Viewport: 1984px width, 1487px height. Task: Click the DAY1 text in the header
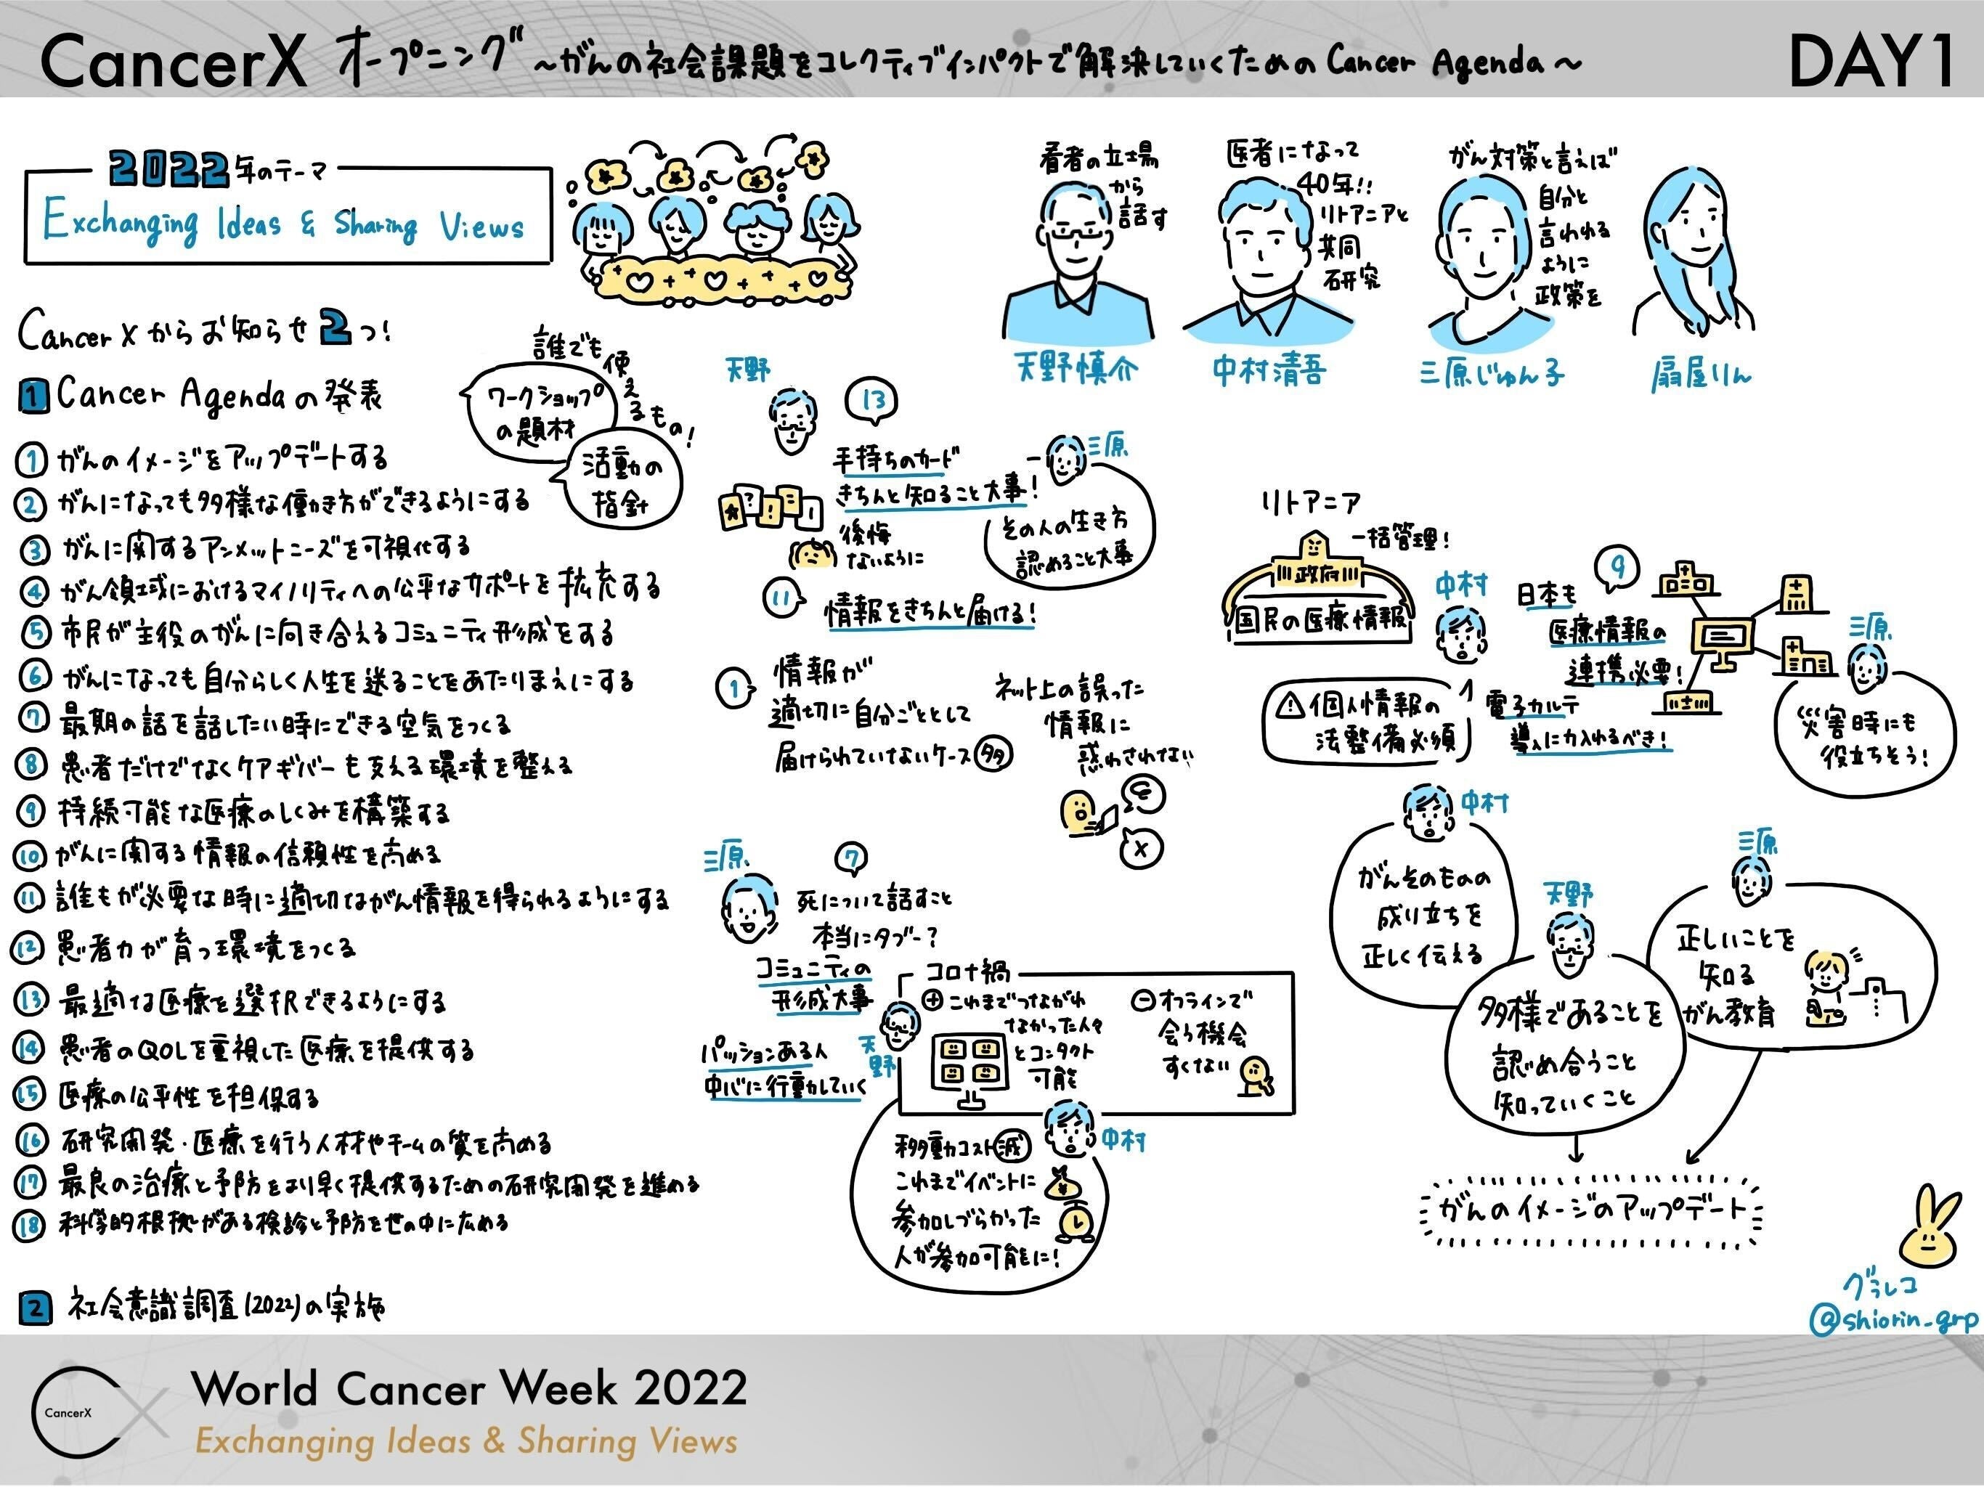point(1869,60)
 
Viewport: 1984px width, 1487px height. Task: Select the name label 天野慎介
point(1076,367)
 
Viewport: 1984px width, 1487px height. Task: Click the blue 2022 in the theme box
point(168,168)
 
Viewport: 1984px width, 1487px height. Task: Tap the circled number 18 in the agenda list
point(29,1224)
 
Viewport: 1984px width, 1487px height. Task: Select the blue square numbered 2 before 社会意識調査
point(34,1307)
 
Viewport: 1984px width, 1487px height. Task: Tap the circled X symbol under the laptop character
point(1141,847)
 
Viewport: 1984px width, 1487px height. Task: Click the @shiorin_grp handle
point(1892,1319)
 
